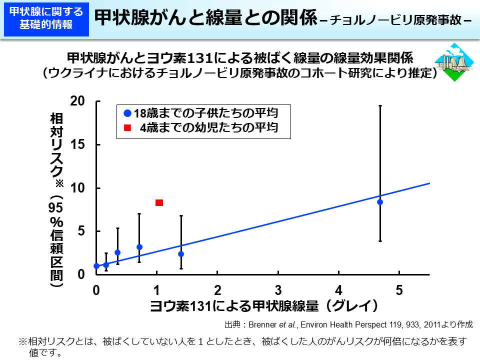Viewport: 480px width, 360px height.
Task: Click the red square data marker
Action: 159,202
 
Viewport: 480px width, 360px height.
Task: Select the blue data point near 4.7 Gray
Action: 380,202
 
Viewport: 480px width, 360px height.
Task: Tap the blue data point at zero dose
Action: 96,266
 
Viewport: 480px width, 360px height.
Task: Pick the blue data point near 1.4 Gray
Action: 181,254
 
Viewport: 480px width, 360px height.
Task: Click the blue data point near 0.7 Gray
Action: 139,247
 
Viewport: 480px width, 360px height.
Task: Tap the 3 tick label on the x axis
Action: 278,290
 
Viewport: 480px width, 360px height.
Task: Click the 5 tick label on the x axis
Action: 399,290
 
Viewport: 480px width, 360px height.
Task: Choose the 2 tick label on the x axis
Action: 217,290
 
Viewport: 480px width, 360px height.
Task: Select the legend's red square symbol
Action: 128,128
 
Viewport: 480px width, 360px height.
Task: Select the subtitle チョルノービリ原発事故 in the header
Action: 395,21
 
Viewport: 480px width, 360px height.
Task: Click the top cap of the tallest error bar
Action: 380,105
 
